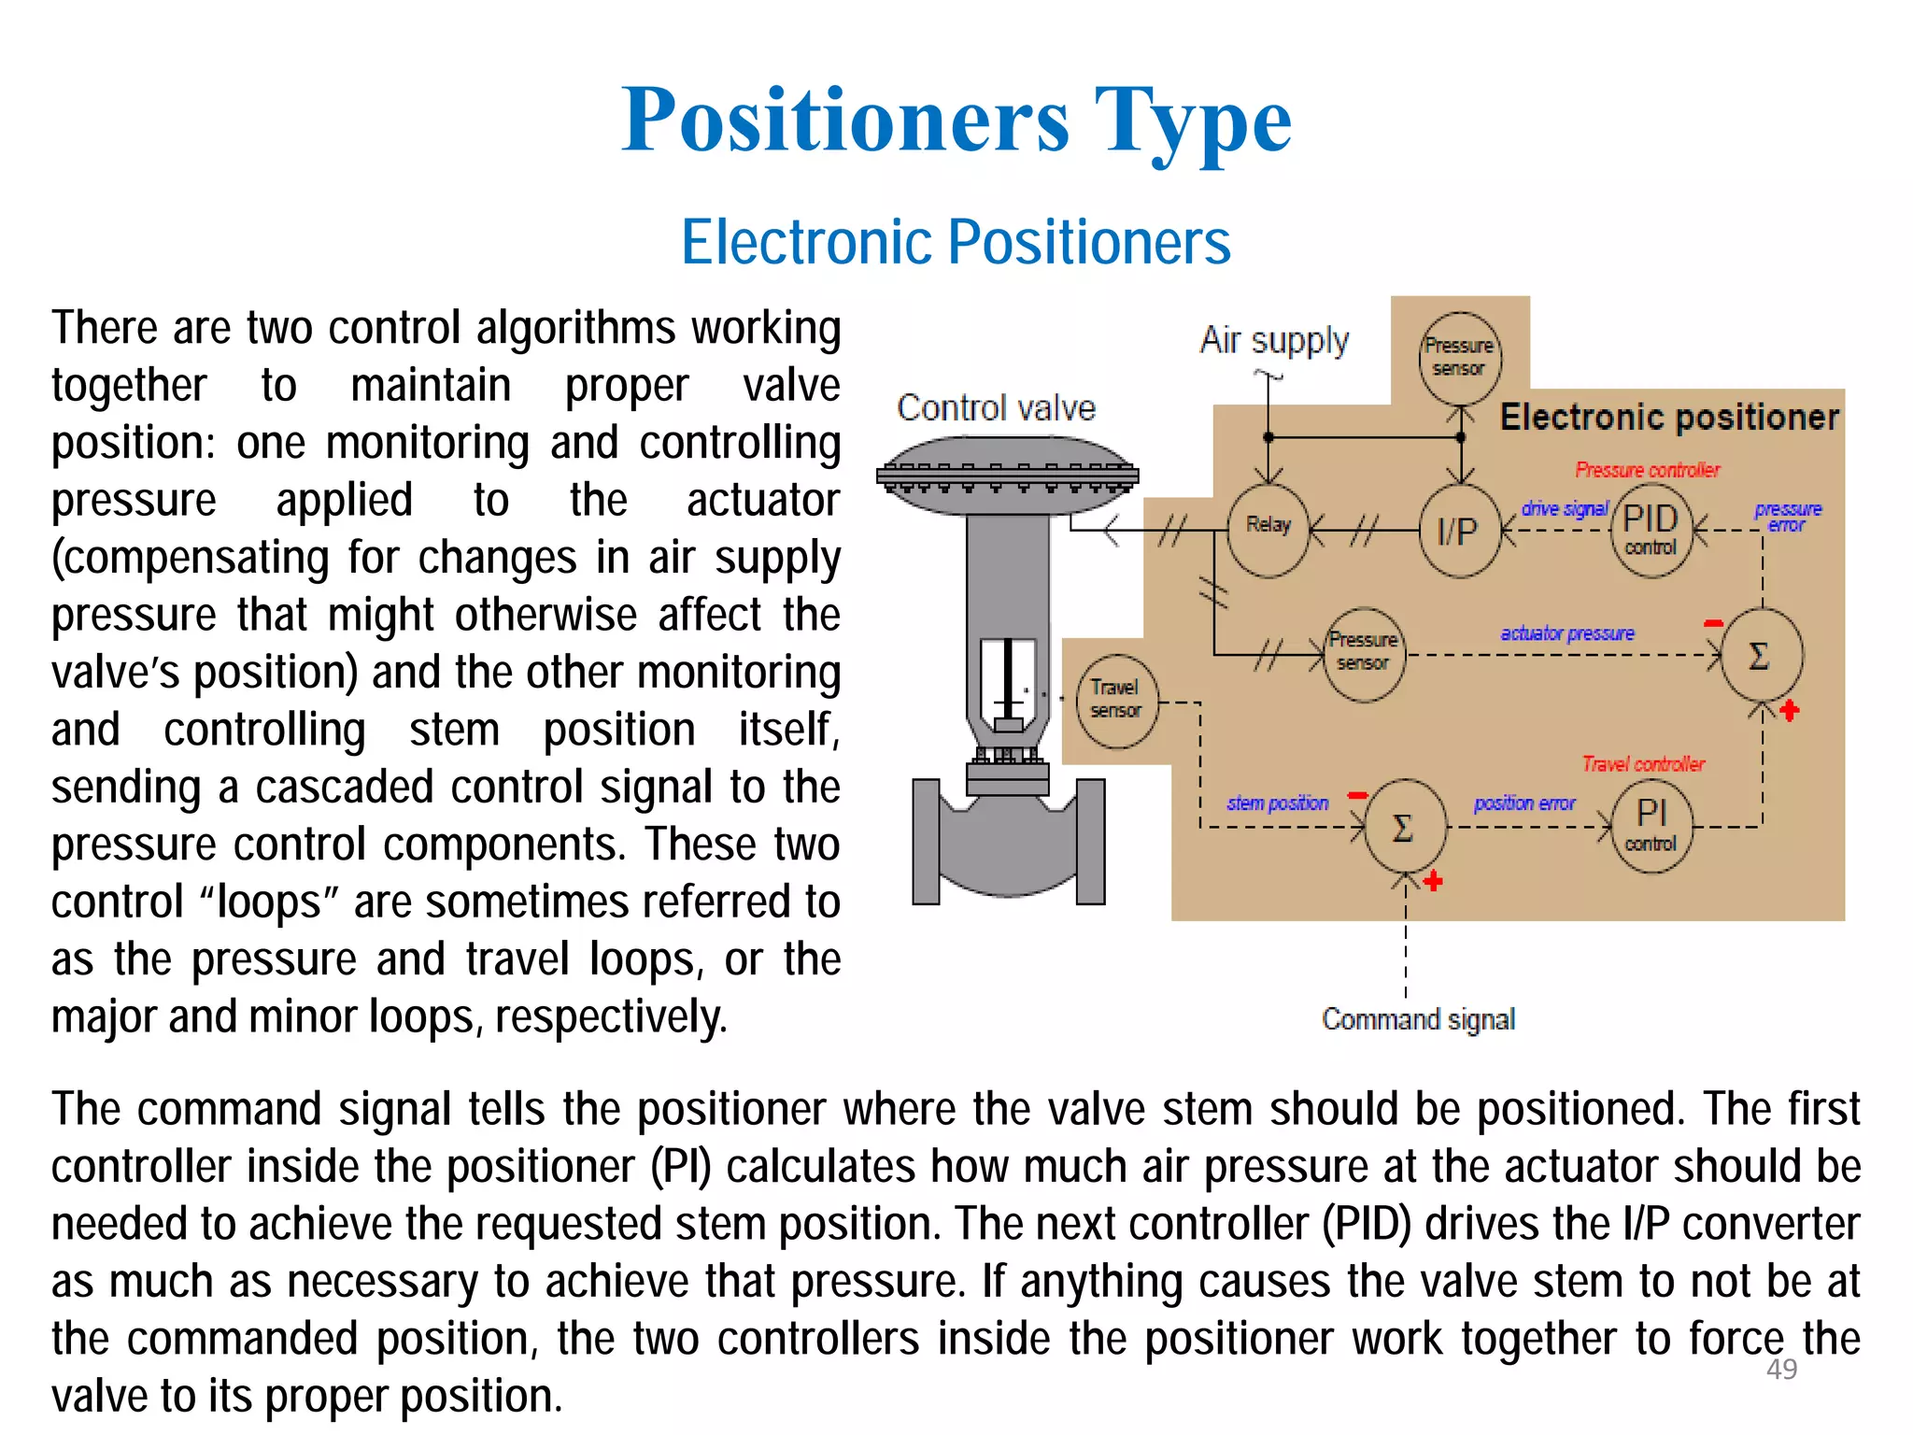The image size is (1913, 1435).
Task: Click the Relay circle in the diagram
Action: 1268,530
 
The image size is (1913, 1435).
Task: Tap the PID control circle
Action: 1651,530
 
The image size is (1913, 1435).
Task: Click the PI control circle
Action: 1651,825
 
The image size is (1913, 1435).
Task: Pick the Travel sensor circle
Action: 1116,700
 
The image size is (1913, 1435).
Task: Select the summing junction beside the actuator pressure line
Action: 1760,656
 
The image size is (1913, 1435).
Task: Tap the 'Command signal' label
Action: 1418,1018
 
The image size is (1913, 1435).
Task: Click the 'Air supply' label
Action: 1274,340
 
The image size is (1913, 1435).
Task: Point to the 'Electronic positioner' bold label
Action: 1669,417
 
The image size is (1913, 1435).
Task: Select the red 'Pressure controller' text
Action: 1647,470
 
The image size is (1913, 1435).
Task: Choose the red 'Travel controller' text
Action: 1643,764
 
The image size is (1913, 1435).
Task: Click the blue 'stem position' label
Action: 1277,803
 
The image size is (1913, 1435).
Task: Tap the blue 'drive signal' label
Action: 1565,509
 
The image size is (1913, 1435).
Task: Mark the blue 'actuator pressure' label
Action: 1567,633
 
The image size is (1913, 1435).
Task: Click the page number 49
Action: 1781,1370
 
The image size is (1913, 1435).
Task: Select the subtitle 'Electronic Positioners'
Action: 956,242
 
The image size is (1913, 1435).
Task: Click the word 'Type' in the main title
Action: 1193,121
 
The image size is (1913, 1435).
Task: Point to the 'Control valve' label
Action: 996,408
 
